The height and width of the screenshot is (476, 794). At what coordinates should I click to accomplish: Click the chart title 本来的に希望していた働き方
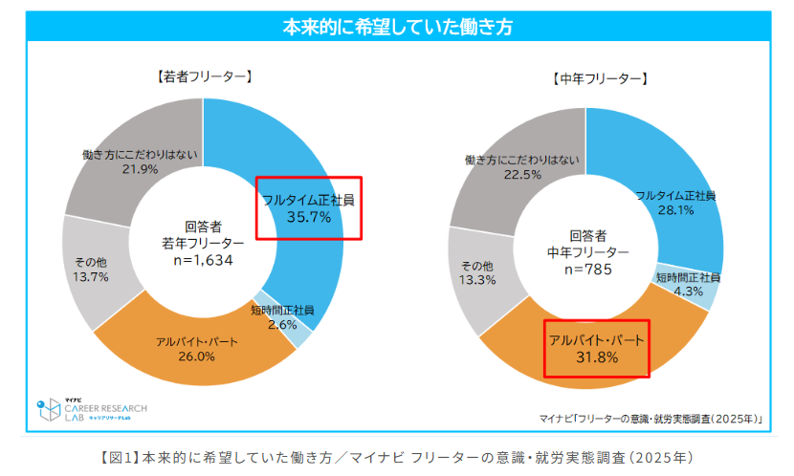pyautogui.click(x=397, y=27)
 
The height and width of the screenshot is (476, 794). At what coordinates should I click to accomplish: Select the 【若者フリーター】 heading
pyautogui.click(x=203, y=76)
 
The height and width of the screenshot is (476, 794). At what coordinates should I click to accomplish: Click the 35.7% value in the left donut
pyautogui.click(x=309, y=218)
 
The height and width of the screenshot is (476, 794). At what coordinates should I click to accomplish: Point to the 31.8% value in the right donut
pyautogui.click(x=596, y=357)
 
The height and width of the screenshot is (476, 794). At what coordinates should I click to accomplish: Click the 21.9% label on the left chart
pyautogui.click(x=140, y=169)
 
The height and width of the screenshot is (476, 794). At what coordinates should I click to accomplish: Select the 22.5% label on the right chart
pyautogui.click(x=522, y=175)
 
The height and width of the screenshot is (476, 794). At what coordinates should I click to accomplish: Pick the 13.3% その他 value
pyautogui.click(x=477, y=280)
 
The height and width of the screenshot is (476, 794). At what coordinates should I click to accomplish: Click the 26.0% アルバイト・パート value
pyautogui.click(x=196, y=357)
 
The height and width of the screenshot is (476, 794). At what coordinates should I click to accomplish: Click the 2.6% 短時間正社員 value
pyautogui.click(x=283, y=324)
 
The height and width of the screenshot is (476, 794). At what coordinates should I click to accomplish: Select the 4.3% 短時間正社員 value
pyautogui.click(x=688, y=291)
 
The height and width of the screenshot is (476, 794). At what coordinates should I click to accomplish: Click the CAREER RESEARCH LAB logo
pyautogui.click(x=92, y=408)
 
